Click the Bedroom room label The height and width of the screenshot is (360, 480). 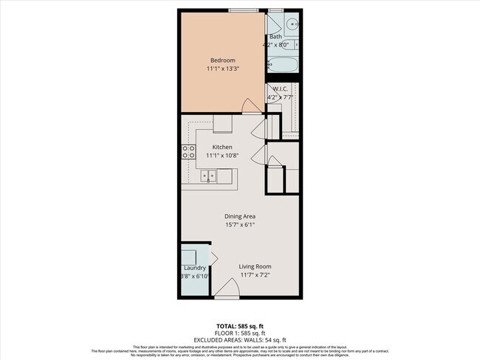coord(222,60)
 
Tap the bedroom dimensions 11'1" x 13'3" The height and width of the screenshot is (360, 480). coord(222,69)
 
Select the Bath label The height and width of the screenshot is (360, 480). coord(275,36)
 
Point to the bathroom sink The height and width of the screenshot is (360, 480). coord(290,22)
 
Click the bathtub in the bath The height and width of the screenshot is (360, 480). coord(283,65)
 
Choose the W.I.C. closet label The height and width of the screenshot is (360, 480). coord(280,89)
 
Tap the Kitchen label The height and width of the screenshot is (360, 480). coord(222,147)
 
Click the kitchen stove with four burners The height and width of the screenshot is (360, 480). coord(188,153)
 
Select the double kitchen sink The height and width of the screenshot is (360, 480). coord(209,176)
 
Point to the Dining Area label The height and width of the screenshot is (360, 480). coord(240,216)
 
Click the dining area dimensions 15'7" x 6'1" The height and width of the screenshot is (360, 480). coord(240,225)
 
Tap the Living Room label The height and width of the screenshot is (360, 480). coord(255,266)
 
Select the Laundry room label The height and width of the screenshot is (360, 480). coord(195,268)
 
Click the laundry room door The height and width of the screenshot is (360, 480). coord(213,260)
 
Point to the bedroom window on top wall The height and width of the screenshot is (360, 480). coord(243,10)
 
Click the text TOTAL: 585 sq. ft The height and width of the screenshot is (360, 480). coord(240,325)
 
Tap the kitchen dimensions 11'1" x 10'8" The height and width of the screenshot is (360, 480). coord(222,156)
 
